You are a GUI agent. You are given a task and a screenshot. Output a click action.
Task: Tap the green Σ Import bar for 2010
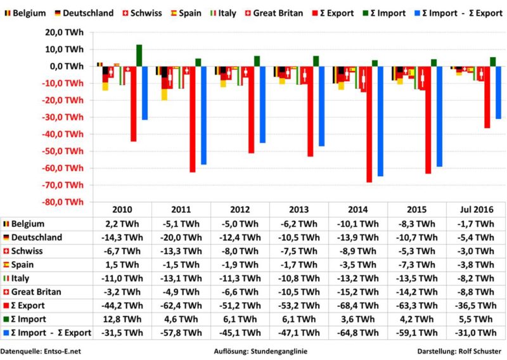coord(139,55)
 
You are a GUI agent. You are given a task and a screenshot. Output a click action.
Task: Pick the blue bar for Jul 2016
coord(498,93)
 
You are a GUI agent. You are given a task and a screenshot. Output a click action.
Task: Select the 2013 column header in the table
coord(298,210)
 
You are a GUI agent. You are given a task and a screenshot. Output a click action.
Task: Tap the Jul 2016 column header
coord(476,210)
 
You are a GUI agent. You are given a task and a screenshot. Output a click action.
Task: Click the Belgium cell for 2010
coord(122,224)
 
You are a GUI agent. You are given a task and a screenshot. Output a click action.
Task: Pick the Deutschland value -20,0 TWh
coord(181,237)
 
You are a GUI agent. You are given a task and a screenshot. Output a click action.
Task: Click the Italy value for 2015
coord(417,278)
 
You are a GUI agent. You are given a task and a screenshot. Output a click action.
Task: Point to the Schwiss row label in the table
coord(25,251)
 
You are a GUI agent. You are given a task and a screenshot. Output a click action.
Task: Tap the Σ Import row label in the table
coord(29,319)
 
